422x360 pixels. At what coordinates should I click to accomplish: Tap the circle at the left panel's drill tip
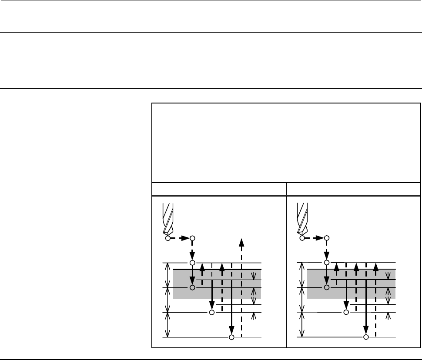(167, 238)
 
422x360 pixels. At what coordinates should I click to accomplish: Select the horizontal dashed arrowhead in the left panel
(185, 238)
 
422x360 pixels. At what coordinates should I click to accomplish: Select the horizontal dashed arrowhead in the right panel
(319, 238)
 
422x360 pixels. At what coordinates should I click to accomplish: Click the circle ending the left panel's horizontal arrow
(192, 238)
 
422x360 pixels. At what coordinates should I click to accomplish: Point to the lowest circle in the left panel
(231, 337)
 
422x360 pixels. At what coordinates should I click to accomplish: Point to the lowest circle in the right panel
(366, 337)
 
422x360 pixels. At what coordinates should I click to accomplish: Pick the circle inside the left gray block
(192, 287)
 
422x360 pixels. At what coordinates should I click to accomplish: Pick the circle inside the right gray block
(327, 287)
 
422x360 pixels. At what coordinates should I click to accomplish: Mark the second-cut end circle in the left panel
(212, 312)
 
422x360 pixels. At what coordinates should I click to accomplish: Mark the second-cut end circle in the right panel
(346, 312)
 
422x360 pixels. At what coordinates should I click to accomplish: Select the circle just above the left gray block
(192, 263)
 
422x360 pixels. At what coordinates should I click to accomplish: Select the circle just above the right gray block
(327, 263)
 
